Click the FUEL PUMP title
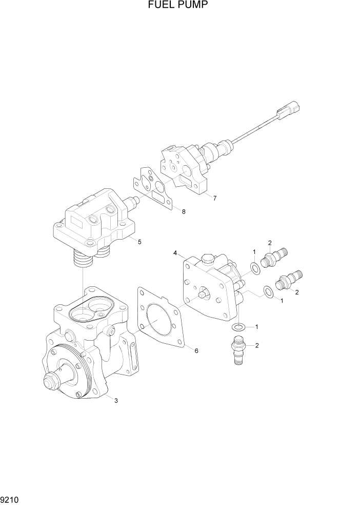179,6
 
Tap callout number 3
116,401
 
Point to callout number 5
139,242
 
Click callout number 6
196,350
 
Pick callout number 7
215,198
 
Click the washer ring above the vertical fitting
238,327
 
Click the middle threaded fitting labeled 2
289,281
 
